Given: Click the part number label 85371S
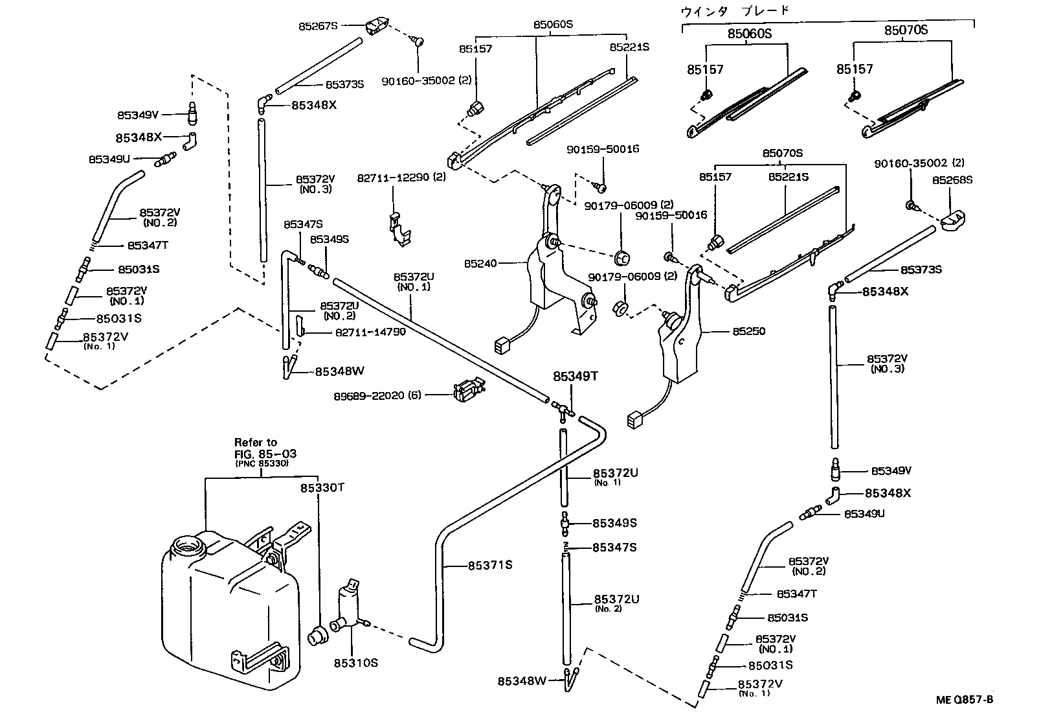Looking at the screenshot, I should tap(490, 565).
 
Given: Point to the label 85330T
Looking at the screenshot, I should tap(321, 487).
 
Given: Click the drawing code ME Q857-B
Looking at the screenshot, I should tap(963, 700).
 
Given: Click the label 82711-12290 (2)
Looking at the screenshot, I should tap(401, 177).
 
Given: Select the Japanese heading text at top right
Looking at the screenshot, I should tap(735, 10).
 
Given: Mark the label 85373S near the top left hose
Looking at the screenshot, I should tap(344, 84).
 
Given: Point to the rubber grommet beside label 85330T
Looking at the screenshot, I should tap(317, 634).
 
